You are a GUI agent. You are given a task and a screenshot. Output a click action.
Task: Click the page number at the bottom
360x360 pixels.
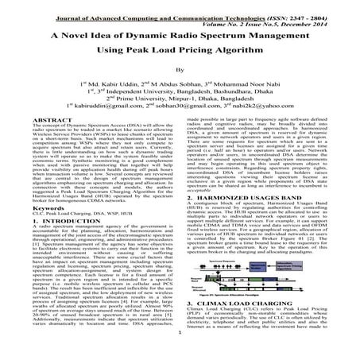180,355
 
